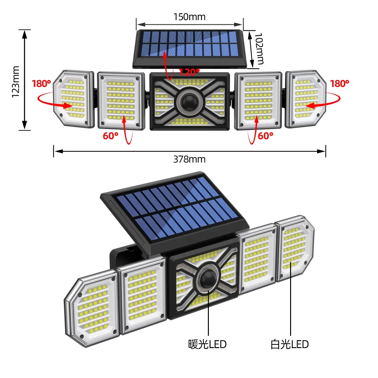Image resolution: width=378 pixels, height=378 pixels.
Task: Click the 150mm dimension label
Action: click(x=189, y=17)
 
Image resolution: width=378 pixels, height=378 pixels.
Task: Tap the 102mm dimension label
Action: click(x=259, y=49)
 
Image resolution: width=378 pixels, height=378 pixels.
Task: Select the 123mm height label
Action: click(x=15, y=82)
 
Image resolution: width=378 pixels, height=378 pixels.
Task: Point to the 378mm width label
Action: click(x=189, y=159)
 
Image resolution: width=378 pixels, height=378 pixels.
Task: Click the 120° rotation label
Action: click(x=189, y=72)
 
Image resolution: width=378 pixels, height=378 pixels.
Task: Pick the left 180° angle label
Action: click(x=41, y=84)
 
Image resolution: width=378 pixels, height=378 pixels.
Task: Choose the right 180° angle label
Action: click(x=340, y=84)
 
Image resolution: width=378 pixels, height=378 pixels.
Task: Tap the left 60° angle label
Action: click(x=111, y=136)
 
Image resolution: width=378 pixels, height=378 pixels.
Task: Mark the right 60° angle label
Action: click(x=265, y=136)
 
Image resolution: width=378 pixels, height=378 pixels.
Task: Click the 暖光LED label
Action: click(x=207, y=344)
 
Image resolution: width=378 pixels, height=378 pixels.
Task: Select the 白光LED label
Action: click(x=289, y=344)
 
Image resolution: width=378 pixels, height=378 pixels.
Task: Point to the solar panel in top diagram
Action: click(x=189, y=44)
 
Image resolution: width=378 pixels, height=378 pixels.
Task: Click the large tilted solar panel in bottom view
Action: click(x=176, y=211)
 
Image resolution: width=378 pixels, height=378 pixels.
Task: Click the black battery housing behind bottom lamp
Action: click(x=121, y=255)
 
